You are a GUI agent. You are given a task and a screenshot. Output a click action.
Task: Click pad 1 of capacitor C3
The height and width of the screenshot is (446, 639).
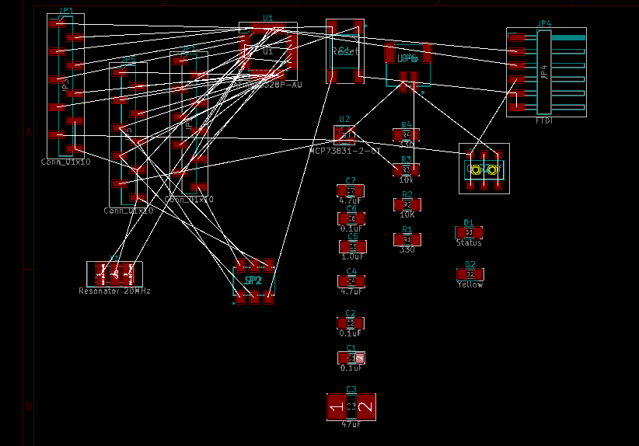tap(337, 407)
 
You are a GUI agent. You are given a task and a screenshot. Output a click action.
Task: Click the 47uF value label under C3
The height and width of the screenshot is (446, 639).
tap(351, 424)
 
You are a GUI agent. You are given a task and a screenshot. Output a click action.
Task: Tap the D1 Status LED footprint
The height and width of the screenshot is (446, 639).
tap(469, 232)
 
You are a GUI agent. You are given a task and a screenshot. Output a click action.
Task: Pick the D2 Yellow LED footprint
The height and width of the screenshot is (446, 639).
tap(470, 274)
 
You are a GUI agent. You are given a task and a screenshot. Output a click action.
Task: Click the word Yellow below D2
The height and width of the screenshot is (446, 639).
tap(470, 284)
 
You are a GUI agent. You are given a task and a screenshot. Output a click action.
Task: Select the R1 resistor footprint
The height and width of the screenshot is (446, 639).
tap(407, 239)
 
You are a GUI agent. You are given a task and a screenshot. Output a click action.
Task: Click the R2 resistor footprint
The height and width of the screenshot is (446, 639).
tap(407, 204)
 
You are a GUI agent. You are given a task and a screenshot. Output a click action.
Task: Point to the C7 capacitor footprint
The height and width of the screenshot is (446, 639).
tap(351, 190)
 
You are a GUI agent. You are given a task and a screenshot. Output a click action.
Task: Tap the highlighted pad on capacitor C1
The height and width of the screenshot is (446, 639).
tap(359, 358)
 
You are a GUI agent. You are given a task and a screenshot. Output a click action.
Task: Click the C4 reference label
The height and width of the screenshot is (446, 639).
tap(351, 271)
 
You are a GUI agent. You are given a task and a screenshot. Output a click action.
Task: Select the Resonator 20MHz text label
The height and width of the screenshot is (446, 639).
tap(114, 291)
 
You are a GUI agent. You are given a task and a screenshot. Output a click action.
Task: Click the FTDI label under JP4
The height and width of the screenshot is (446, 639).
tap(544, 121)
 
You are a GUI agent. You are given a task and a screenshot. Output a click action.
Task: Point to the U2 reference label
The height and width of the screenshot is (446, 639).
tap(344, 120)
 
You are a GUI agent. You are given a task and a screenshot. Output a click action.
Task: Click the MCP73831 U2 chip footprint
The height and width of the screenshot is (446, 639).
tap(344, 134)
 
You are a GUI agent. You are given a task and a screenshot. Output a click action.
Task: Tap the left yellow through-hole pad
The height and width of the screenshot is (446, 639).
tap(476, 169)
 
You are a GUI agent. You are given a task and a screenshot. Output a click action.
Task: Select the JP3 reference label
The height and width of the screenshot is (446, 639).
tap(66, 12)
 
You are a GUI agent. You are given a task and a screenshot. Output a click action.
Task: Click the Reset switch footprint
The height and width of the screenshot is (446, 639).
tap(344, 51)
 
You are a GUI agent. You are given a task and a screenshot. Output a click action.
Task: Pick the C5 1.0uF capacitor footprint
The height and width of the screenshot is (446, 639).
tap(351, 246)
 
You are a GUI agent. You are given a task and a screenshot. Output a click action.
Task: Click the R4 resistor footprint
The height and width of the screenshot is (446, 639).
tap(406, 134)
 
